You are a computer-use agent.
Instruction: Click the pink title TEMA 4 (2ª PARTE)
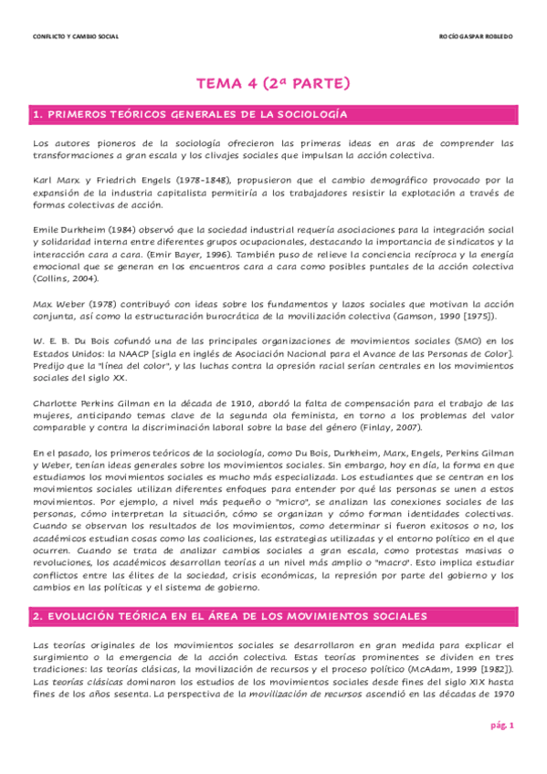273,84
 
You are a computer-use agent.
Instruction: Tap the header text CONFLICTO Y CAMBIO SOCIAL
75,37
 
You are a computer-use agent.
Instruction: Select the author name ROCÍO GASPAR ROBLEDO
476,37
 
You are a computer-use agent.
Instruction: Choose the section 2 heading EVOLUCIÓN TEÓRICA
229,617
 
